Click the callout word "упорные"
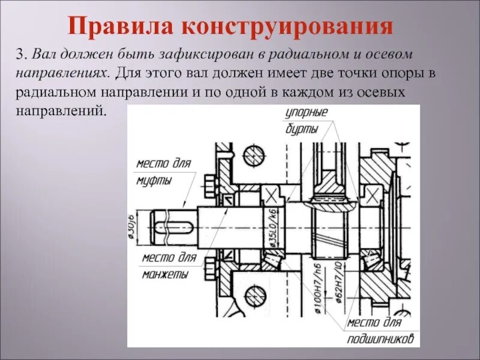tap(307, 113)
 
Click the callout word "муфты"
tap(153, 181)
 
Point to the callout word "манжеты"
tap(165, 275)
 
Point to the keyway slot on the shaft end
tap(173, 228)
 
